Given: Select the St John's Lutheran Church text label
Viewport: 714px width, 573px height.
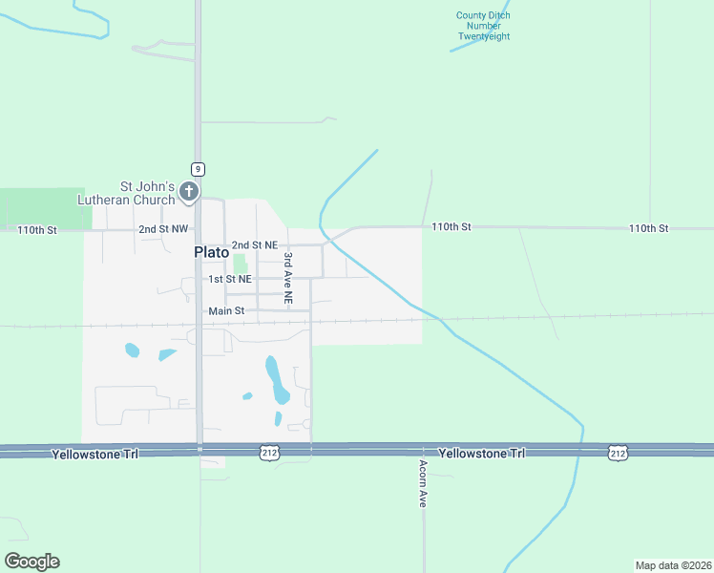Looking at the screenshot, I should (147, 193).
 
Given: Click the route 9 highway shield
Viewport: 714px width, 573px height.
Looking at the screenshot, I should (197, 169).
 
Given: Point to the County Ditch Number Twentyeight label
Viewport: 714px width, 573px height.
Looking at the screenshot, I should (483, 26).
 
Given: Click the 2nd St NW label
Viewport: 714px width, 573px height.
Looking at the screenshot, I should (164, 229).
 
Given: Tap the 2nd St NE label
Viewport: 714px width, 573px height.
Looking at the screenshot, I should (254, 245).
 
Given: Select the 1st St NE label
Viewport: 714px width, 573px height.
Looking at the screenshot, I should (231, 279).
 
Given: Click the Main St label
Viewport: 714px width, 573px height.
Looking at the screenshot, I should (226, 311).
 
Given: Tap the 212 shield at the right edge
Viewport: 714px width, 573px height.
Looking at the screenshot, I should (617, 451).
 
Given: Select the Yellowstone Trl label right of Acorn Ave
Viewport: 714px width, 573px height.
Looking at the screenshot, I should (482, 453).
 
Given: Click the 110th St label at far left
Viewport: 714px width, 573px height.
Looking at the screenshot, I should (37, 230).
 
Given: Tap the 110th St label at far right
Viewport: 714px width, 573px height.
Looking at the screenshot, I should (648, 228).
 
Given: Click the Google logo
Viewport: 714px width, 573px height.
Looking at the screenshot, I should (31, 561).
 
